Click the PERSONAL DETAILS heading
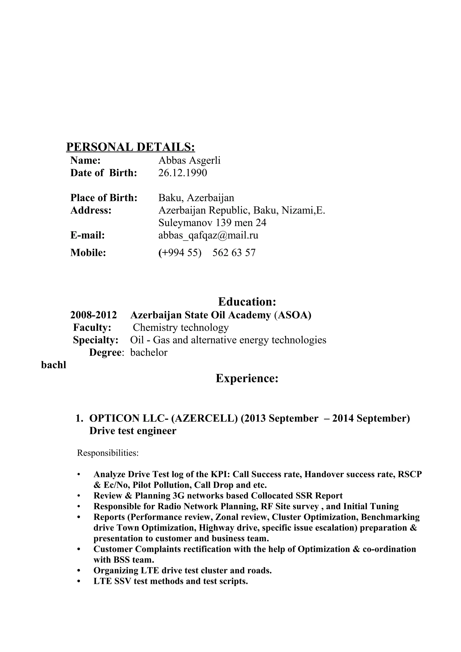130,147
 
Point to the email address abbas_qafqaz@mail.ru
208,235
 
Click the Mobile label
88,252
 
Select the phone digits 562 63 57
234,252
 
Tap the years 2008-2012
93,315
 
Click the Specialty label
95,340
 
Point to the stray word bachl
53,365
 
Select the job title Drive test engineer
133,431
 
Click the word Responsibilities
108,453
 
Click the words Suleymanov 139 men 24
212,223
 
